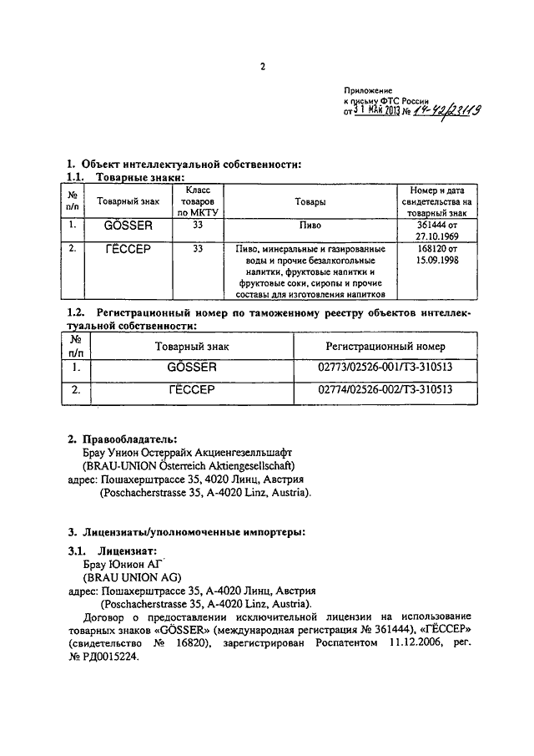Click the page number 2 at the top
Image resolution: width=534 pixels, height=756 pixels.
(x=262, y=68)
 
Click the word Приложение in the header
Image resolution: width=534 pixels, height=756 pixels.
(x=367, y=89)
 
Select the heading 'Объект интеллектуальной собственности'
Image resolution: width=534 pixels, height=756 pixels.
(x=189, y=164)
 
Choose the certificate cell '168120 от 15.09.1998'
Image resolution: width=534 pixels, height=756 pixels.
(x=436, y=255)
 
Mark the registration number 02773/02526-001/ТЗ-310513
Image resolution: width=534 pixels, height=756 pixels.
(x=385, y=367)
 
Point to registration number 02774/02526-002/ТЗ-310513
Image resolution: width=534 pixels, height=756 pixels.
(x=385, y=389)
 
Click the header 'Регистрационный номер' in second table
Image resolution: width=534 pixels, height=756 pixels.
(x=385, y=346)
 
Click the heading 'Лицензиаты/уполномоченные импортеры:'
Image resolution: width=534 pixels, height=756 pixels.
(x=192, y=531)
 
